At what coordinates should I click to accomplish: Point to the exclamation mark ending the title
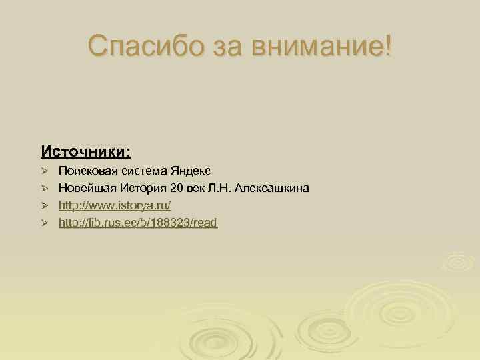pyautogui.click(x=389, y=46)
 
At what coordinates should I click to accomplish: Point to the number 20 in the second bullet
pyautogui.click(x=176, y=189)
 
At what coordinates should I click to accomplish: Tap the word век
pyautogui.click(x=197, y=189)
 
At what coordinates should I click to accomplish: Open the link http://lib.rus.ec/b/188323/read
pyautogui.click(x=138, y=223)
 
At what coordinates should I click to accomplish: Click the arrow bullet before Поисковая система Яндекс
pyautogui.click(x=45, y=173)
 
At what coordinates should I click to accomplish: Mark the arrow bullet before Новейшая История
pyautogui.click(x=45, y=189)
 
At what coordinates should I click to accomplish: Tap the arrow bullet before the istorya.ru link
pyautogui.click(x=45, y=206)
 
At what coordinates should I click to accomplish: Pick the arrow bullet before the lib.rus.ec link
pyautogui.click(x=45, y=223)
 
